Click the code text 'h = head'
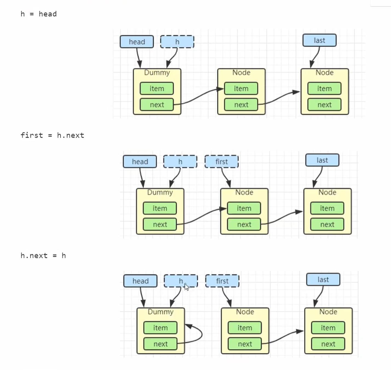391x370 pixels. [x=39, y=14]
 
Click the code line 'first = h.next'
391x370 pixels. [x=52, y=135]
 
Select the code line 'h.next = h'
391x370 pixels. [x=43, y=256]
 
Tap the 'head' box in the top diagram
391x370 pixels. [x=137, y=42]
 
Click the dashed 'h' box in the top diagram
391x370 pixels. [x=177, y=42]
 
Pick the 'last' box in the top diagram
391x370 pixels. [x=319, y=40]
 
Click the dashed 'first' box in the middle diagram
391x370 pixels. [x=221, y=162]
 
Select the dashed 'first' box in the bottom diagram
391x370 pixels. [x=222, y=281]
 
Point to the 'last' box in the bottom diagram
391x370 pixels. [x=323, y=280]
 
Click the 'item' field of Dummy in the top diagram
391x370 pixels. [x=157, y=88]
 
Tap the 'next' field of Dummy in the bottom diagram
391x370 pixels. [x=161, y=344]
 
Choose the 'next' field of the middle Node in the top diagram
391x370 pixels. [x=241, y=105]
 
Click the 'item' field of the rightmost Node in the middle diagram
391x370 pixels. [x=327, y=208]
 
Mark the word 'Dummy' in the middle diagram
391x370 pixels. [x=160, y=192]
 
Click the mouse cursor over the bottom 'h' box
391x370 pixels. [x=186, y=287]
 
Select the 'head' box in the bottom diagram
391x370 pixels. [x=140, y=281]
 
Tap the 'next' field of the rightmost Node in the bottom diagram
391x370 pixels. [x=328, y=344]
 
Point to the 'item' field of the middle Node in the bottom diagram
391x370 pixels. [x=244, y=328]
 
